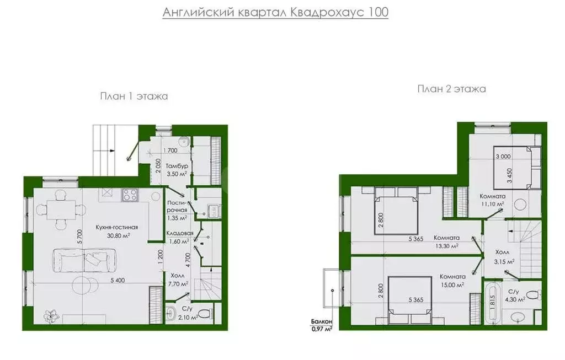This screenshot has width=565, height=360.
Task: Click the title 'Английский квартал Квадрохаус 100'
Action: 275,12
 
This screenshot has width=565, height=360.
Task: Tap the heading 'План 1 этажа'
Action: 134,96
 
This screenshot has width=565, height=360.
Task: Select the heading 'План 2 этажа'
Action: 451,89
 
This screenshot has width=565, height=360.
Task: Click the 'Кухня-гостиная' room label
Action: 116,227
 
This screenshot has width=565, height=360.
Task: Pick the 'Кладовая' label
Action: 179,233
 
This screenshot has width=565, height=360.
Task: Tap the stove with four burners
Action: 130,194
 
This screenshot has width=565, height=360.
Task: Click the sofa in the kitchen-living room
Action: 84,259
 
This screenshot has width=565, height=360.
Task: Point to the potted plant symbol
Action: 51,315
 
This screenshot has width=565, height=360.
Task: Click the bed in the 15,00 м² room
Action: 409,300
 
